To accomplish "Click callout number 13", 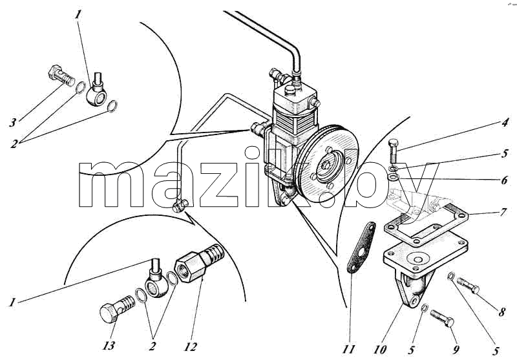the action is point(109,346).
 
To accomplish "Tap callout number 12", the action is point(190,346).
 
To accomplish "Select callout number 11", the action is point(348,349).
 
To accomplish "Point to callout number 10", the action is point(380,350).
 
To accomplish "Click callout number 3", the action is point(12,123).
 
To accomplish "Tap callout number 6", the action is point(504,180).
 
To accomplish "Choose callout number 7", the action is point(503,212).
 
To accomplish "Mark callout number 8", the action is point(501,312).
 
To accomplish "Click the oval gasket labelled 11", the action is point(362,248).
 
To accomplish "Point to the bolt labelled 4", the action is point(394,151).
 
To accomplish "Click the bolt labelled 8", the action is point(468,286).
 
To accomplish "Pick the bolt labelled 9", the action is point(442,318).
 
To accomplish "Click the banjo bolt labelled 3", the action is point(62,76).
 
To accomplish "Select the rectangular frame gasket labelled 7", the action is point(426,224).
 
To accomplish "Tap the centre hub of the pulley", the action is point(327,165).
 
